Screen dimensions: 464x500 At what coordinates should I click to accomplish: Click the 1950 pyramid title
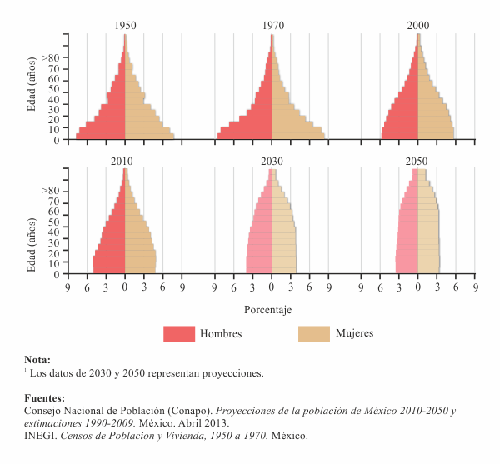(126, 26)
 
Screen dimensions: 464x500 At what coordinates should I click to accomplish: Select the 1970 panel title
(272, 26)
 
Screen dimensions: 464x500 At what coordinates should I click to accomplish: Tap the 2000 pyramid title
(418, 26)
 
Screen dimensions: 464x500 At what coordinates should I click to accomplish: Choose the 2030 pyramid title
(272, 161)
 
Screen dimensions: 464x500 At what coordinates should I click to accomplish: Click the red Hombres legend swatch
(178, 333)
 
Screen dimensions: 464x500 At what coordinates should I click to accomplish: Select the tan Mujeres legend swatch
(313, 333)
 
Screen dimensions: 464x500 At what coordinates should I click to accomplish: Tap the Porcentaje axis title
(268, 309)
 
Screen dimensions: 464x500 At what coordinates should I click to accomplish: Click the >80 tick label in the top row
(50, 58)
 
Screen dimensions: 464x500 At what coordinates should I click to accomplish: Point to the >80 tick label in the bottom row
(50, 191)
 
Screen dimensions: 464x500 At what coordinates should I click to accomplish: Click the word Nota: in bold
(37, 360)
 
